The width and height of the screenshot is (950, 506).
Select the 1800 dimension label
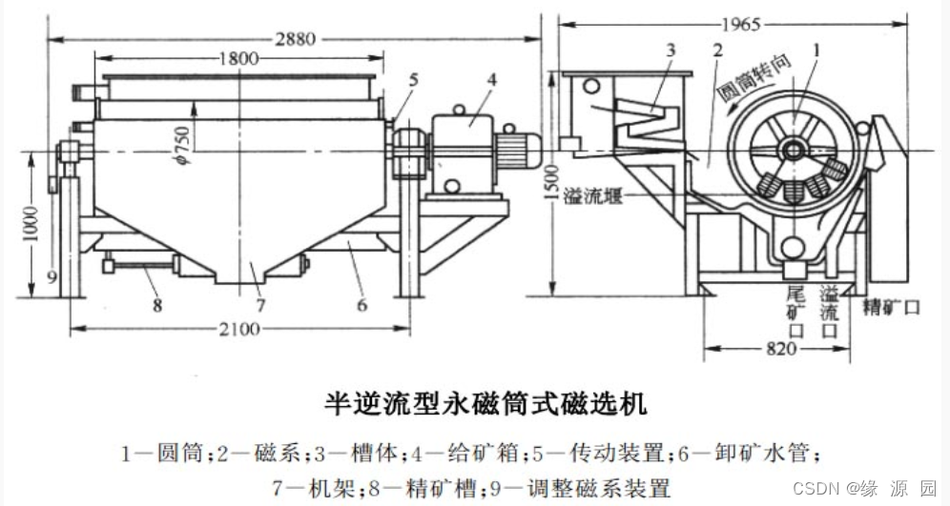[x=238, y=58]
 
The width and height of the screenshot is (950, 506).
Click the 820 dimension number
[x=779, y=349]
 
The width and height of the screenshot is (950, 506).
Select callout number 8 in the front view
[x=157, y=306]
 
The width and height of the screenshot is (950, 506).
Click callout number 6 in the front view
[x=361, y=306]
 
